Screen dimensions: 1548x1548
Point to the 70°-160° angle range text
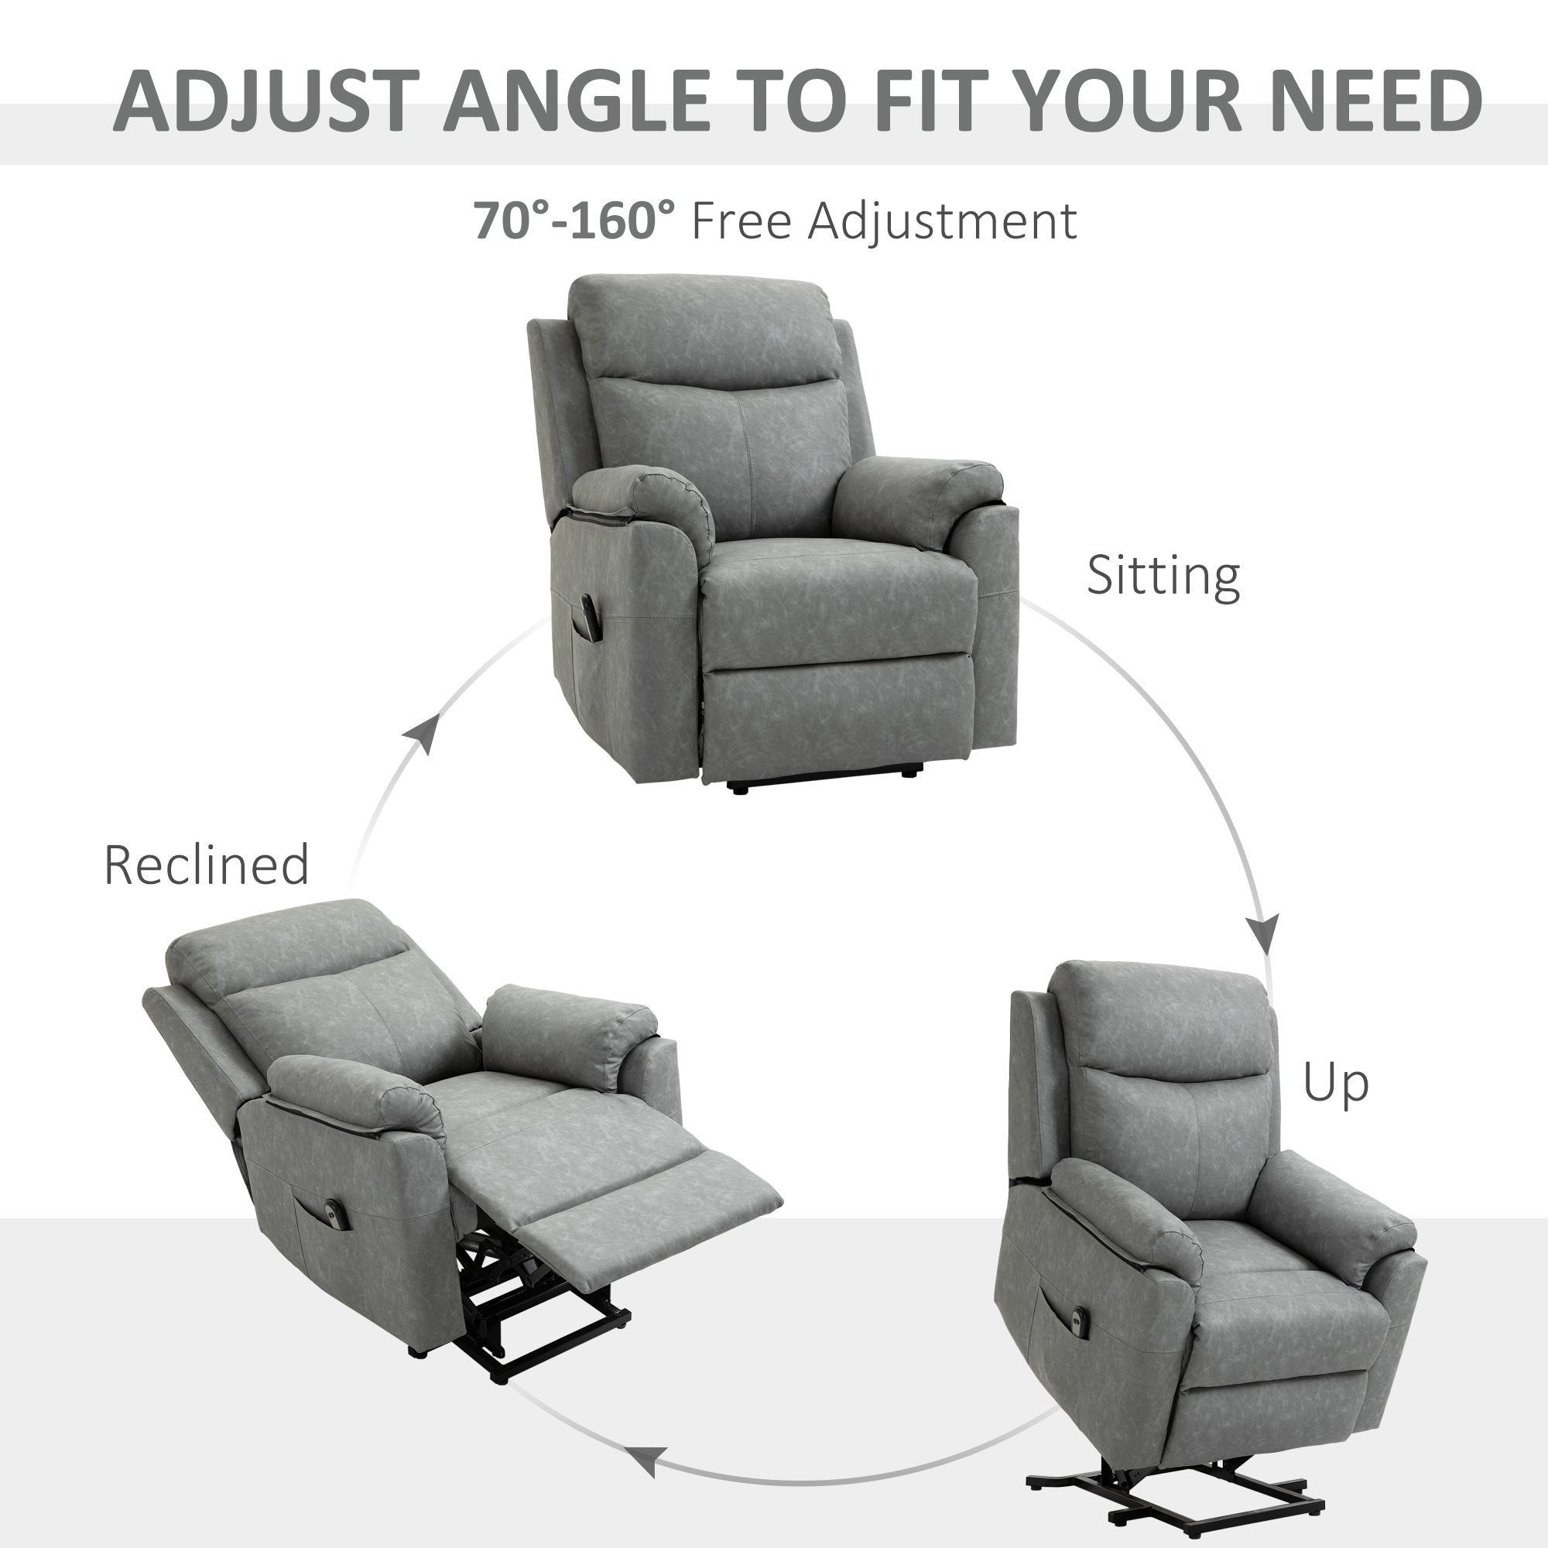[574, 221]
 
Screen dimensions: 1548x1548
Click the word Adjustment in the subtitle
[942, 221]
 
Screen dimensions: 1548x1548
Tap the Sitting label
[1163, 575]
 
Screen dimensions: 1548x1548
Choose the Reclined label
[206, 865]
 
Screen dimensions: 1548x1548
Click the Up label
[1336, 1083]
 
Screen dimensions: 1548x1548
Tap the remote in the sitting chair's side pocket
[589, 617]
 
